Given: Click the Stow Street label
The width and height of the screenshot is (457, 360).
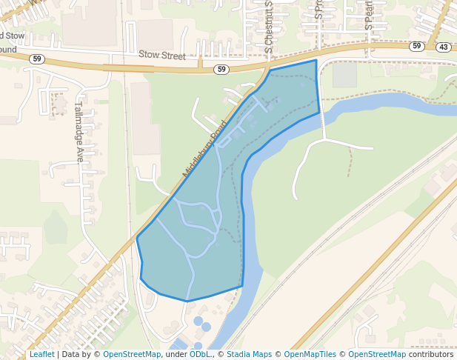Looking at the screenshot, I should [x=162, y=55].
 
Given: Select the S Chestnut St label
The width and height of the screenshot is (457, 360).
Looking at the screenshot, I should [x=269, y=22].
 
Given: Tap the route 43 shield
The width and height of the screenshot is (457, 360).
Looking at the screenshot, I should [x=443, y=47].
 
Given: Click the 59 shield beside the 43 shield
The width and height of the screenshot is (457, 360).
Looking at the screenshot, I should [x=417, y=46].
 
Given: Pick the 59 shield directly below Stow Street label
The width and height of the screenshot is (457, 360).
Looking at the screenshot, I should [x=221, y=69].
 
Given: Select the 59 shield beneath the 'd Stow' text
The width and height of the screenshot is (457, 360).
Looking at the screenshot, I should [x=37, y=58].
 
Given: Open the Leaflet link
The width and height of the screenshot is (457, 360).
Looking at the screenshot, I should [x=41, y=354].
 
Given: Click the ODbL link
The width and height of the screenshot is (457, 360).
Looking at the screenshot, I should [x=199, y=354].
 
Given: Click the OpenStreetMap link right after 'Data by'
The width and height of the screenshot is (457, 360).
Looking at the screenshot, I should [x=132, y=354].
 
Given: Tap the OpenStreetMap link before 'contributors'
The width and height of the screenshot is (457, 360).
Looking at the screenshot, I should [x=377, y=354].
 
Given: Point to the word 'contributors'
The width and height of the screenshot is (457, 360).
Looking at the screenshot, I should [x=431, y=354].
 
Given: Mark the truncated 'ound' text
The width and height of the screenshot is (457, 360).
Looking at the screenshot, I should [x=8, y=50].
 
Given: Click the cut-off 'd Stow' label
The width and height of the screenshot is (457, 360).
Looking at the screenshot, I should [x=12, y=35].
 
